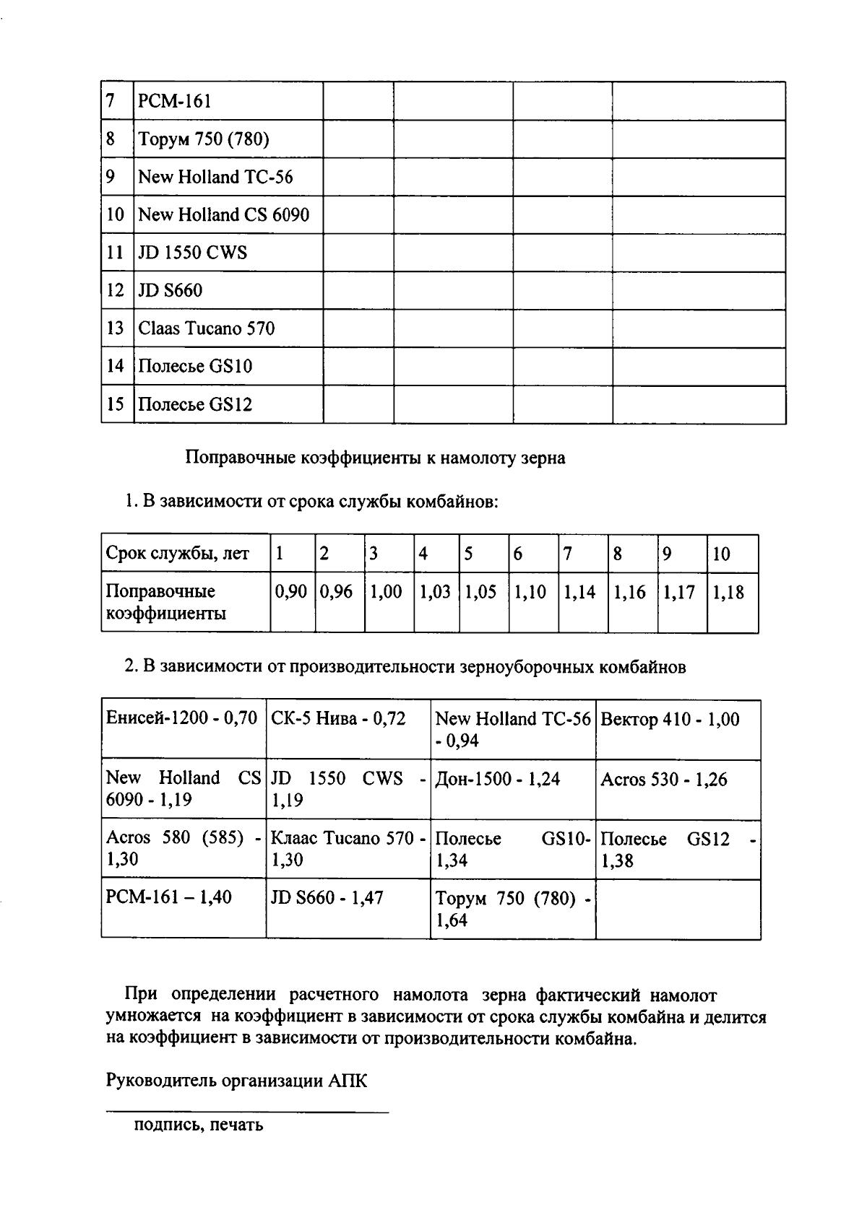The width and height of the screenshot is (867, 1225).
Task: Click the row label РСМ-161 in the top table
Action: coord(175,101)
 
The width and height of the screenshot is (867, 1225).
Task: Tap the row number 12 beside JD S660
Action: coord(116,290)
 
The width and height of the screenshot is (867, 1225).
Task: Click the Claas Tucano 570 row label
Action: coord(207,328)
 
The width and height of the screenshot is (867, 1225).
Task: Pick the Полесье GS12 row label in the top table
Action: coord(195,404)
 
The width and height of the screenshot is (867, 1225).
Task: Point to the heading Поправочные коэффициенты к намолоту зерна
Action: coord(375,457)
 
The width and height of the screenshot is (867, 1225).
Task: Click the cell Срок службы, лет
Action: coord(177,554)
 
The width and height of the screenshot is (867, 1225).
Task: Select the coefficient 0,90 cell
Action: coord(291,592)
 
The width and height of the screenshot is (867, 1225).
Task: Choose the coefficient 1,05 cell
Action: coord(480,593)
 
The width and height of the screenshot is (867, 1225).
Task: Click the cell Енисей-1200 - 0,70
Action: coord(181,718)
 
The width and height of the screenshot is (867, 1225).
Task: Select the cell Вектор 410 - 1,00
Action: coord(670,719)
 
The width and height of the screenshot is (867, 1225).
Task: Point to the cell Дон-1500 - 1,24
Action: coord(498,779)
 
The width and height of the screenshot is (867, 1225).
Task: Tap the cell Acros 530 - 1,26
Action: coord(664,780)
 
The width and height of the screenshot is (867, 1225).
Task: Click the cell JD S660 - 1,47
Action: coord(327,897)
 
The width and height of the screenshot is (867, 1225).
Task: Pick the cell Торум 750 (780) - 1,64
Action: coord(512,909)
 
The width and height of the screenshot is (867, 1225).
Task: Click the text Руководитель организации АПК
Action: coord(236,1081)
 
